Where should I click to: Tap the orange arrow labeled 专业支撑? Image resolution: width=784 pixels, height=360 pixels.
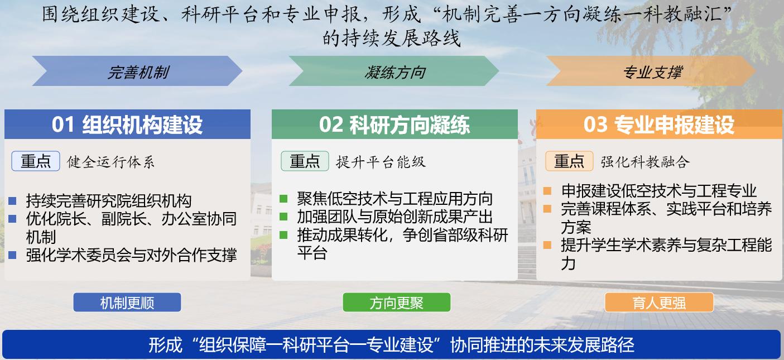(652, 71)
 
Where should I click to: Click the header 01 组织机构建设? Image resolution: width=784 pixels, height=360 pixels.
(127, 124)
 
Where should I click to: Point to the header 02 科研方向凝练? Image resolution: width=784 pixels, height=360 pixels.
(395, 124)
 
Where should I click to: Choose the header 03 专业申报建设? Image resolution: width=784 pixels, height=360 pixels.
(659, 124)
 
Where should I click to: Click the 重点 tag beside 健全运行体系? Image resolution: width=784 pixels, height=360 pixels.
(36, 161)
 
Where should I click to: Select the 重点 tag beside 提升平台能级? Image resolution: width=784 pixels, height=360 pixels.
(305, 161)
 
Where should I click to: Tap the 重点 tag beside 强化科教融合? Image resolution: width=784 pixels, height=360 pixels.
(569, 161)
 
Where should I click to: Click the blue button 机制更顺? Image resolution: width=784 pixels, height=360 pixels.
(127, 303)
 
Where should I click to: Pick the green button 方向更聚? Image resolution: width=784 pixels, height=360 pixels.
(397, 303)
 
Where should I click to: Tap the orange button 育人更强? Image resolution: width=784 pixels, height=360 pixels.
(659, 303)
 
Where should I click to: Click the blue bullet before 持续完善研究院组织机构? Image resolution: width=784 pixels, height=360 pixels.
(13, 201)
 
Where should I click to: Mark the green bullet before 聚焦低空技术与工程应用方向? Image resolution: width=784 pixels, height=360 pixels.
(283, 199)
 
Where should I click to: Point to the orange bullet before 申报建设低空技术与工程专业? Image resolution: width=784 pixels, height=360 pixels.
(547, 191)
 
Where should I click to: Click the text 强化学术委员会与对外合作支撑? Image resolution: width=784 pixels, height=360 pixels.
(131, 255)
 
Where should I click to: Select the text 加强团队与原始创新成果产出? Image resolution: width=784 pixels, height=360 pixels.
(395, 217)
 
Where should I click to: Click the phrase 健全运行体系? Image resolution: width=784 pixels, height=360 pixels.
(111, 162)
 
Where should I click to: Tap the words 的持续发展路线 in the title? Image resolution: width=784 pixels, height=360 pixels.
(392, 38)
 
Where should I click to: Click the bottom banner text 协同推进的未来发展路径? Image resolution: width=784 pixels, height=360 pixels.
(542, 344)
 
